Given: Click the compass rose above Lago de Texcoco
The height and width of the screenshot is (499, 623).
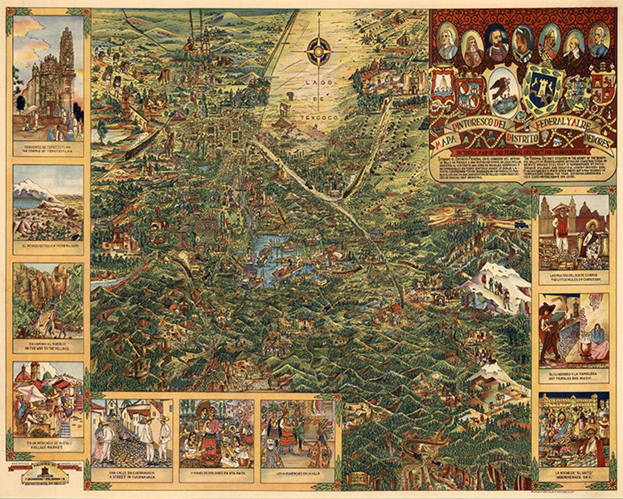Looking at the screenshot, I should pos(318,51).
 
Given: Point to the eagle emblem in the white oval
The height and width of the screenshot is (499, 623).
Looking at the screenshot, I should pos(504,90).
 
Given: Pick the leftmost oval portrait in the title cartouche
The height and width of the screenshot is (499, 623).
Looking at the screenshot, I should pos(448,43).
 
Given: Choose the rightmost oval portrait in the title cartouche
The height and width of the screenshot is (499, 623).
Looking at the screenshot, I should pos(598,42).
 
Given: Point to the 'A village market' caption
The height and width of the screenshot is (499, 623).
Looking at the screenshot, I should pos(48,446).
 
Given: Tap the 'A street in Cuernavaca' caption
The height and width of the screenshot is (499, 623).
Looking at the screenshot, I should pos(132,478).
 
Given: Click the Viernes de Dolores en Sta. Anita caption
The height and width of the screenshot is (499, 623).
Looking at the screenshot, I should pos(216,474).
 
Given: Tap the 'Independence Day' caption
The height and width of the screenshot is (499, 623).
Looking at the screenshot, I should pos(573,477).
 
